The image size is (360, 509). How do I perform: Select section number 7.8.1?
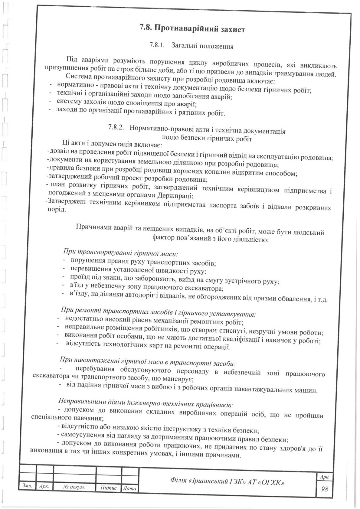pos(157,45)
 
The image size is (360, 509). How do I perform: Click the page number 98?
pos(324,488)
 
